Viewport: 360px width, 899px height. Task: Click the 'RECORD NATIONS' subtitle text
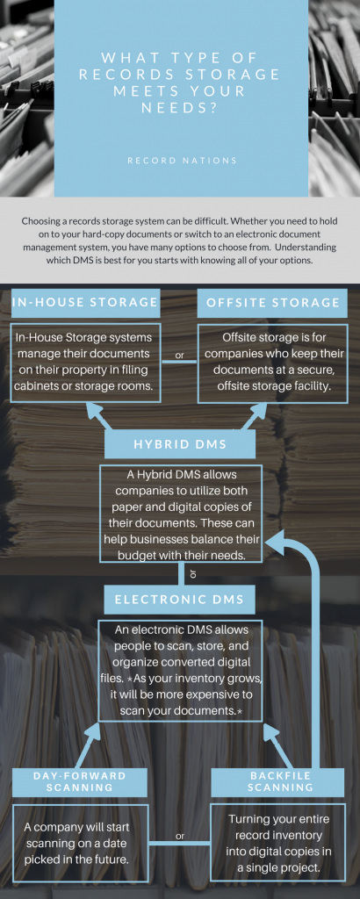click(x=182, y=162)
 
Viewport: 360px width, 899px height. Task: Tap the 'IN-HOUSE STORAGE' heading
click(x=85, y=302)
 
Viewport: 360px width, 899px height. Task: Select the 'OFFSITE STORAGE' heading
click(x=273, y=302)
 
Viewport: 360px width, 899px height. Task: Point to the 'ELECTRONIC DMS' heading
click(x=179, y=600)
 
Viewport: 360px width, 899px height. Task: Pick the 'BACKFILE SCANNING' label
click(x=280, y=781)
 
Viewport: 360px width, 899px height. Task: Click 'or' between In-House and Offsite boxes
click(x=179, y=356)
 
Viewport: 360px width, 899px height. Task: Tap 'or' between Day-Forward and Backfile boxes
click(x=180, y=836)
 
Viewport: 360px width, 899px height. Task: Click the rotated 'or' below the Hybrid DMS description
click(x=192, y=573)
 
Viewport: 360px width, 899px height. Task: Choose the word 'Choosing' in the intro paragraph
click(x=40, y=221)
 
